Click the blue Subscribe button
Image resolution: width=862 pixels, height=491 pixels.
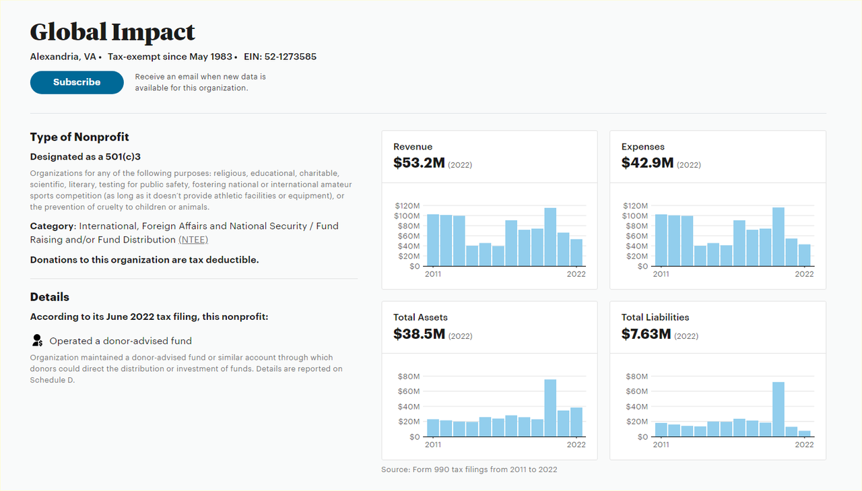[x=77, y=82]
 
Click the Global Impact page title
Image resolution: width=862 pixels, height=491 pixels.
[x=112, y=32]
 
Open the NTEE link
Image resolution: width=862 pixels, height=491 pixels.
[x=193, y=240]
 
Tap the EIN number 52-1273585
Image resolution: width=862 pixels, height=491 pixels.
[x=290, y=57]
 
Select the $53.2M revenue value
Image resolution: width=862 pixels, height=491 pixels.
[x=419, y=163]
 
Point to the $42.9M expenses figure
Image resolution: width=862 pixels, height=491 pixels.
[x=647, y=163]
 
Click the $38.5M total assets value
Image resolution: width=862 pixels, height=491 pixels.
[x=419, y=333]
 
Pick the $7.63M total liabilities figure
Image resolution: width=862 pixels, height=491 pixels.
[x=646, y=333]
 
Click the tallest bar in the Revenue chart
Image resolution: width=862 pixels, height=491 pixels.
[x=550, y=237]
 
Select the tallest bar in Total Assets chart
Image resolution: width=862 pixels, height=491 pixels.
[x=550, y=408]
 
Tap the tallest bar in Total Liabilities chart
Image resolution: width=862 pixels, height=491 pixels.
[x=778, y=410]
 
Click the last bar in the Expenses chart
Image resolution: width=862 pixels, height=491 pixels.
[x=804, y=255]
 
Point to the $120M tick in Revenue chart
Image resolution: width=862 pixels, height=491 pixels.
[x=407, y=205]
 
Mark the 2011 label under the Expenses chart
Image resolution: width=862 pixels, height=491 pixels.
[x=661, y=274]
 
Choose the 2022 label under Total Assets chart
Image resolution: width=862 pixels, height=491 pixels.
[x=576, y=445]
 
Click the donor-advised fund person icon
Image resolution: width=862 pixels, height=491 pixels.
[x=37, y=341]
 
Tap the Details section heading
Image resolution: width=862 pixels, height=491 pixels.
[x=50, y=297]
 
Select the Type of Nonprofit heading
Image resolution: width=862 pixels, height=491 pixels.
[x=79, y=137]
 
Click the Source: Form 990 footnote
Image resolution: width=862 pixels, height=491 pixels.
[x=469, y=469]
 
